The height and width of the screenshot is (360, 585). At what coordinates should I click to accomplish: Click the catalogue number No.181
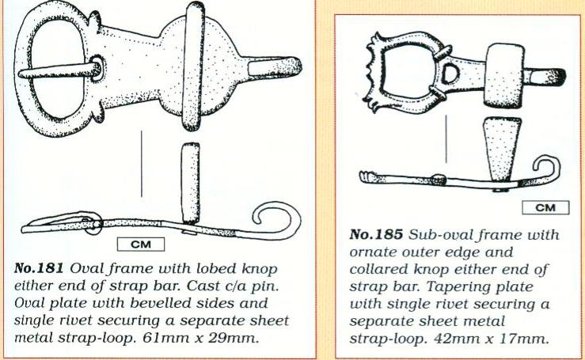[x=39, y=269]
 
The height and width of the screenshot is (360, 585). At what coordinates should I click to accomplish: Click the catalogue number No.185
[x=376, y=235]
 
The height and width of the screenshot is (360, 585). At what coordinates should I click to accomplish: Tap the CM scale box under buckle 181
[x=141, y=244]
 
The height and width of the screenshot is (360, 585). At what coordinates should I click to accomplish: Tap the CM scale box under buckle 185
[x=545, y=207]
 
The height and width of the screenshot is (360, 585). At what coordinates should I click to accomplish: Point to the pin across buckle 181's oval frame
[x=60, y=70]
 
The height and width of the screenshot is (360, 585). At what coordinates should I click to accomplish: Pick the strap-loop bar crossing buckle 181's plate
[x=194, y=66]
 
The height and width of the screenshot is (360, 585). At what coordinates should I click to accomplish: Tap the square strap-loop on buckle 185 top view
[x=504, y=75]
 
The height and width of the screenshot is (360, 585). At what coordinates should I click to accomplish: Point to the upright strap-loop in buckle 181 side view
[x=190, y=184]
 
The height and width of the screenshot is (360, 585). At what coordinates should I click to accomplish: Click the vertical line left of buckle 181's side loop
[x=142, y=164]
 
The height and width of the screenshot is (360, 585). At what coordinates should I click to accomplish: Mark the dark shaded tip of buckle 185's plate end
[x=559, y=77]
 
